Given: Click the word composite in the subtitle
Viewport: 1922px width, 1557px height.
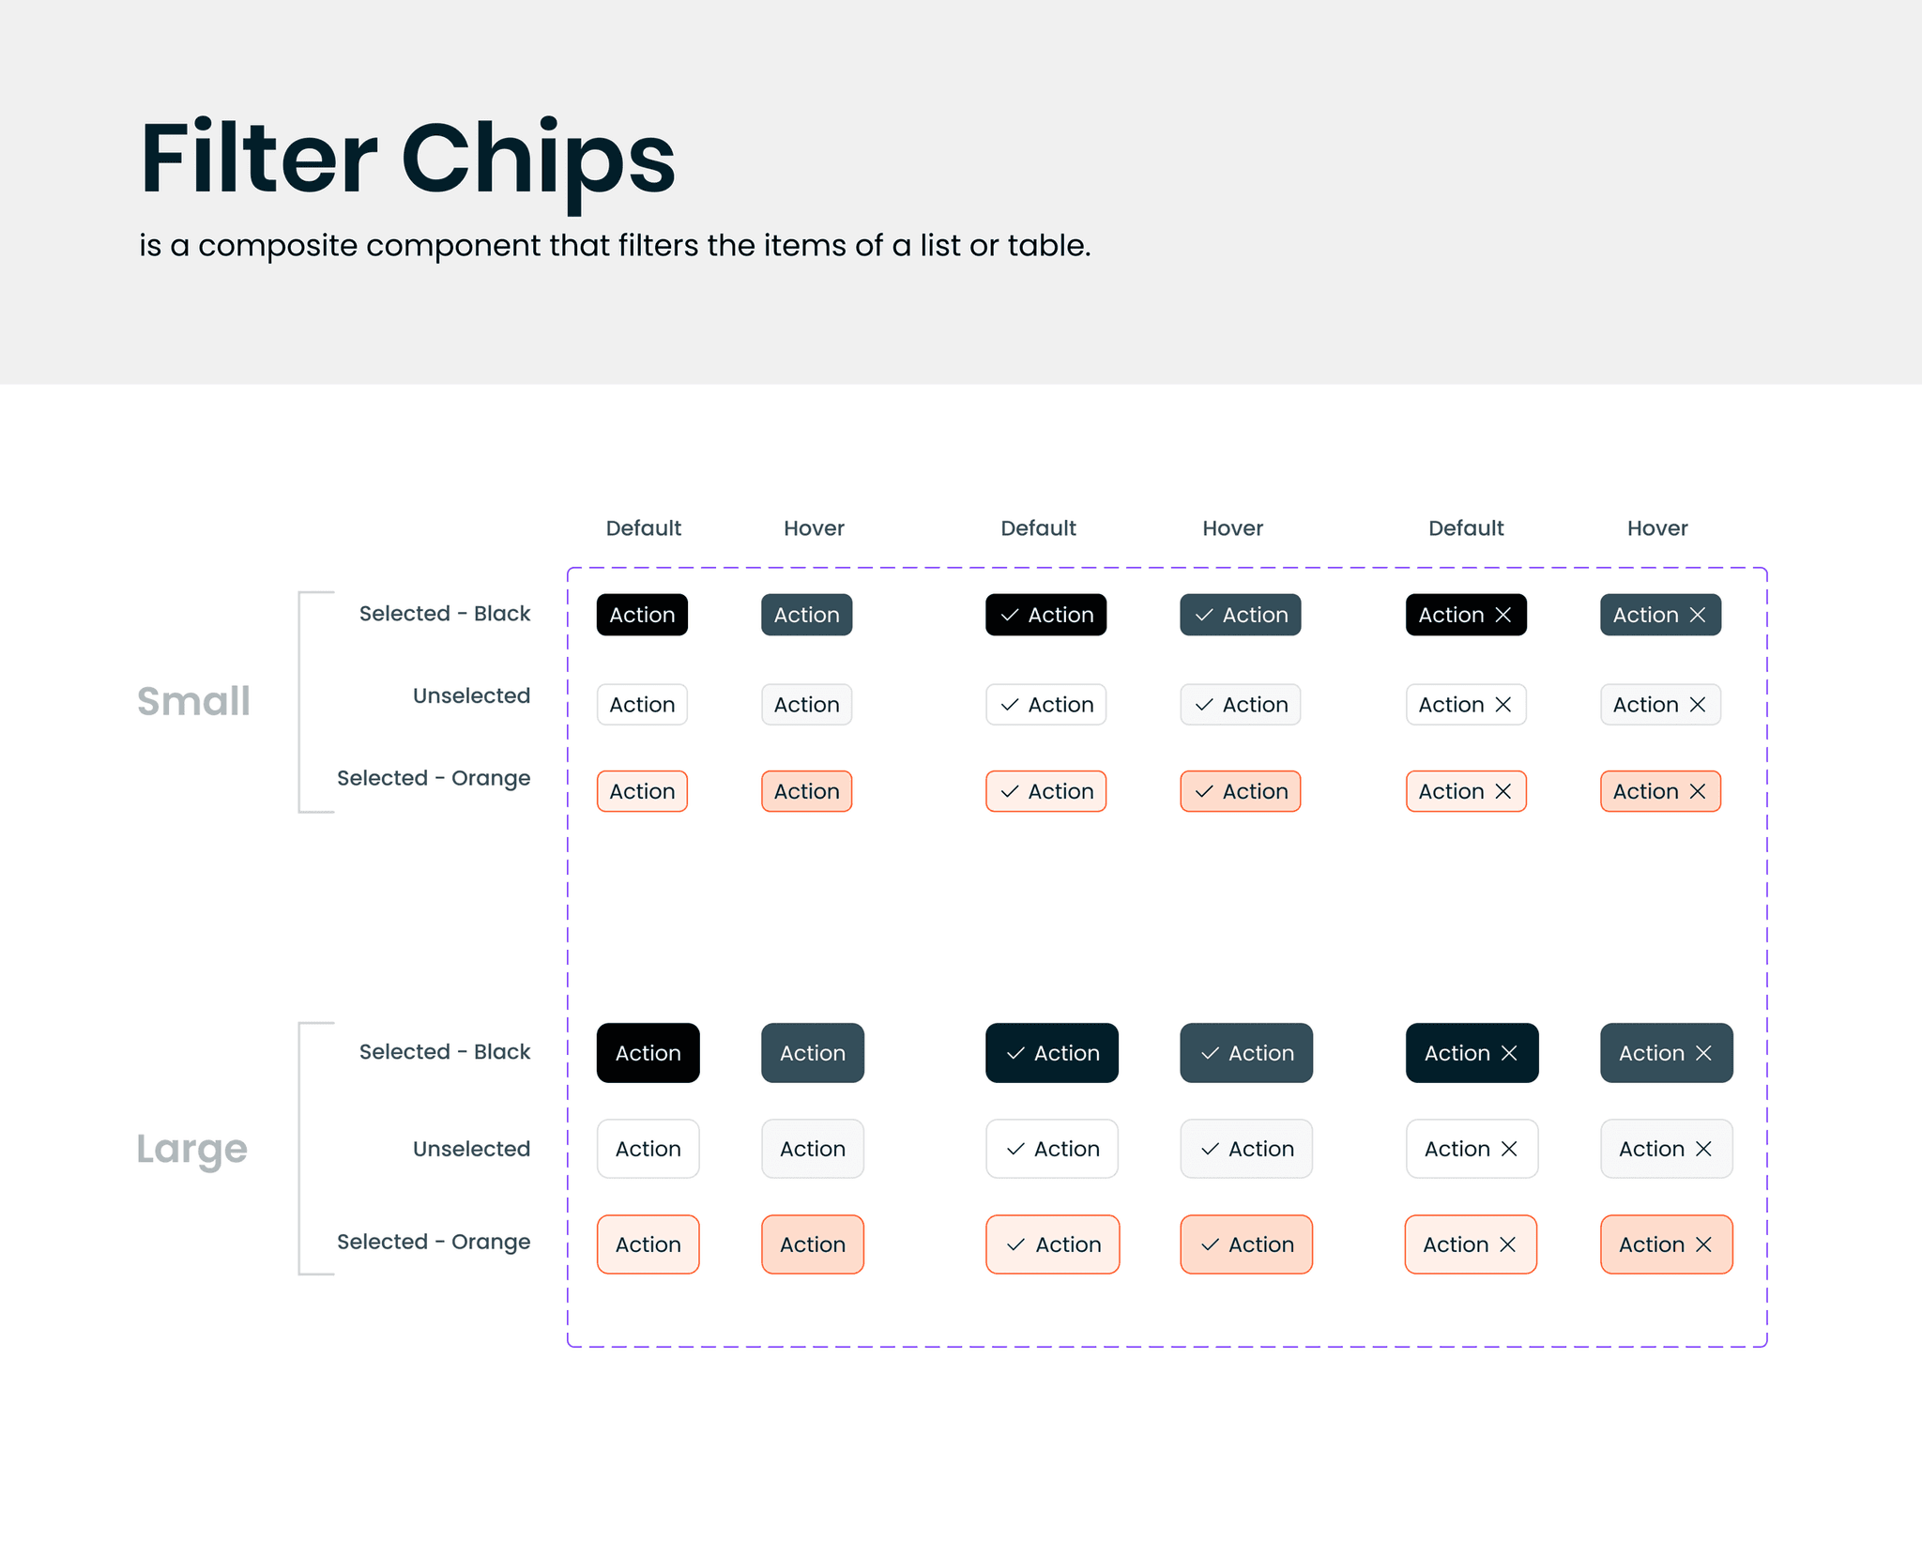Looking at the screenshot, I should tap(278, 246).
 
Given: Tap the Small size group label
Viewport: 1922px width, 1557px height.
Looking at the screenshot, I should tap(193, 701).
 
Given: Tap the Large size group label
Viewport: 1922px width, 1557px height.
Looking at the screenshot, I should tap(191, 1148).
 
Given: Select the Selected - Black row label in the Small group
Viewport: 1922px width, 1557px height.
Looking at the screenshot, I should tap(444, 614).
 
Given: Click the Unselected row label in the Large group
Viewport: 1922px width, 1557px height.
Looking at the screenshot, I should tap(471, 1149).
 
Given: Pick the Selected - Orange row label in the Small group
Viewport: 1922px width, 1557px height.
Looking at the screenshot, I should tap(434, 778).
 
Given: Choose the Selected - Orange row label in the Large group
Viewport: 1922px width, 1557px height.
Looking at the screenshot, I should tap(434, 1242).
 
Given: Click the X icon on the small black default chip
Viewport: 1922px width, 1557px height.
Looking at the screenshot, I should tap(1503, 615).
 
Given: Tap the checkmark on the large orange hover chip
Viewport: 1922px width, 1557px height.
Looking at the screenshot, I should tap(1210, 1244).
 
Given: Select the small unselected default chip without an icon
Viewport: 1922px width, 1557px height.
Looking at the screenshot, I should tap(642, 705).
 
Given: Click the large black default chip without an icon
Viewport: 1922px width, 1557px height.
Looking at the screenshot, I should tap(648, 1053).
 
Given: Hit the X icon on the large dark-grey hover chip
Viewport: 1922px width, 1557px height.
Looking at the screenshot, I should tap(1703, 1053).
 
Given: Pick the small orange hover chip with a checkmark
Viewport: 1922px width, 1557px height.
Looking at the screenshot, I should tap(1240, 791).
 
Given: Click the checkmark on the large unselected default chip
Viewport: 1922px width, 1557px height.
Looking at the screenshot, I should tap(1015, 1149).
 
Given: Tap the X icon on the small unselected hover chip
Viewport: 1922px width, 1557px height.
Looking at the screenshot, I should tap(1698, 705).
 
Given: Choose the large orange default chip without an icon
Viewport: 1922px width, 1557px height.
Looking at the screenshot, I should tap(648, 1244).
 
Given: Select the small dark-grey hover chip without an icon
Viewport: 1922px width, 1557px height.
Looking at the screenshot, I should tap(806, 615).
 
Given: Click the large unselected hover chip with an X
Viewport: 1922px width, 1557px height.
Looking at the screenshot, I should tap(1666, 1149).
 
